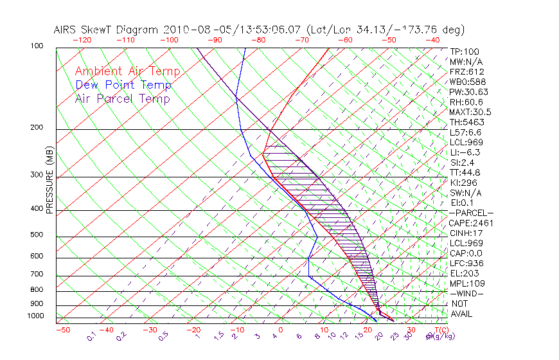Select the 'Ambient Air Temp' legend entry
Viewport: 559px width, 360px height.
(x=127, y=71)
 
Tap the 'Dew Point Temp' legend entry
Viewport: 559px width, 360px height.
(x=123, y=85)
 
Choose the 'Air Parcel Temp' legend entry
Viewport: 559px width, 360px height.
(x=122, y=98)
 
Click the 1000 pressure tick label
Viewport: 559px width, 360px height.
(x=36, y=316)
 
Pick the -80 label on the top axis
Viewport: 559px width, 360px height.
(x=258, y=40)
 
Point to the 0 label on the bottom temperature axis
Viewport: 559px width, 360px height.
(x=281, y=330)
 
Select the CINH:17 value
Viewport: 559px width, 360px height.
(x=465, y=233)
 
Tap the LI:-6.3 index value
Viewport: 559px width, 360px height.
(x=465, y=152)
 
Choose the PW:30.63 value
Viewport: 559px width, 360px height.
(x=468, y=92)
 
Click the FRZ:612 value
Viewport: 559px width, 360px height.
(x=466, y=71)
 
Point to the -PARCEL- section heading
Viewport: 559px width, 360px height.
(x=471, y=213)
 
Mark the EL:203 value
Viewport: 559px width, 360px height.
(x=463, y=273)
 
